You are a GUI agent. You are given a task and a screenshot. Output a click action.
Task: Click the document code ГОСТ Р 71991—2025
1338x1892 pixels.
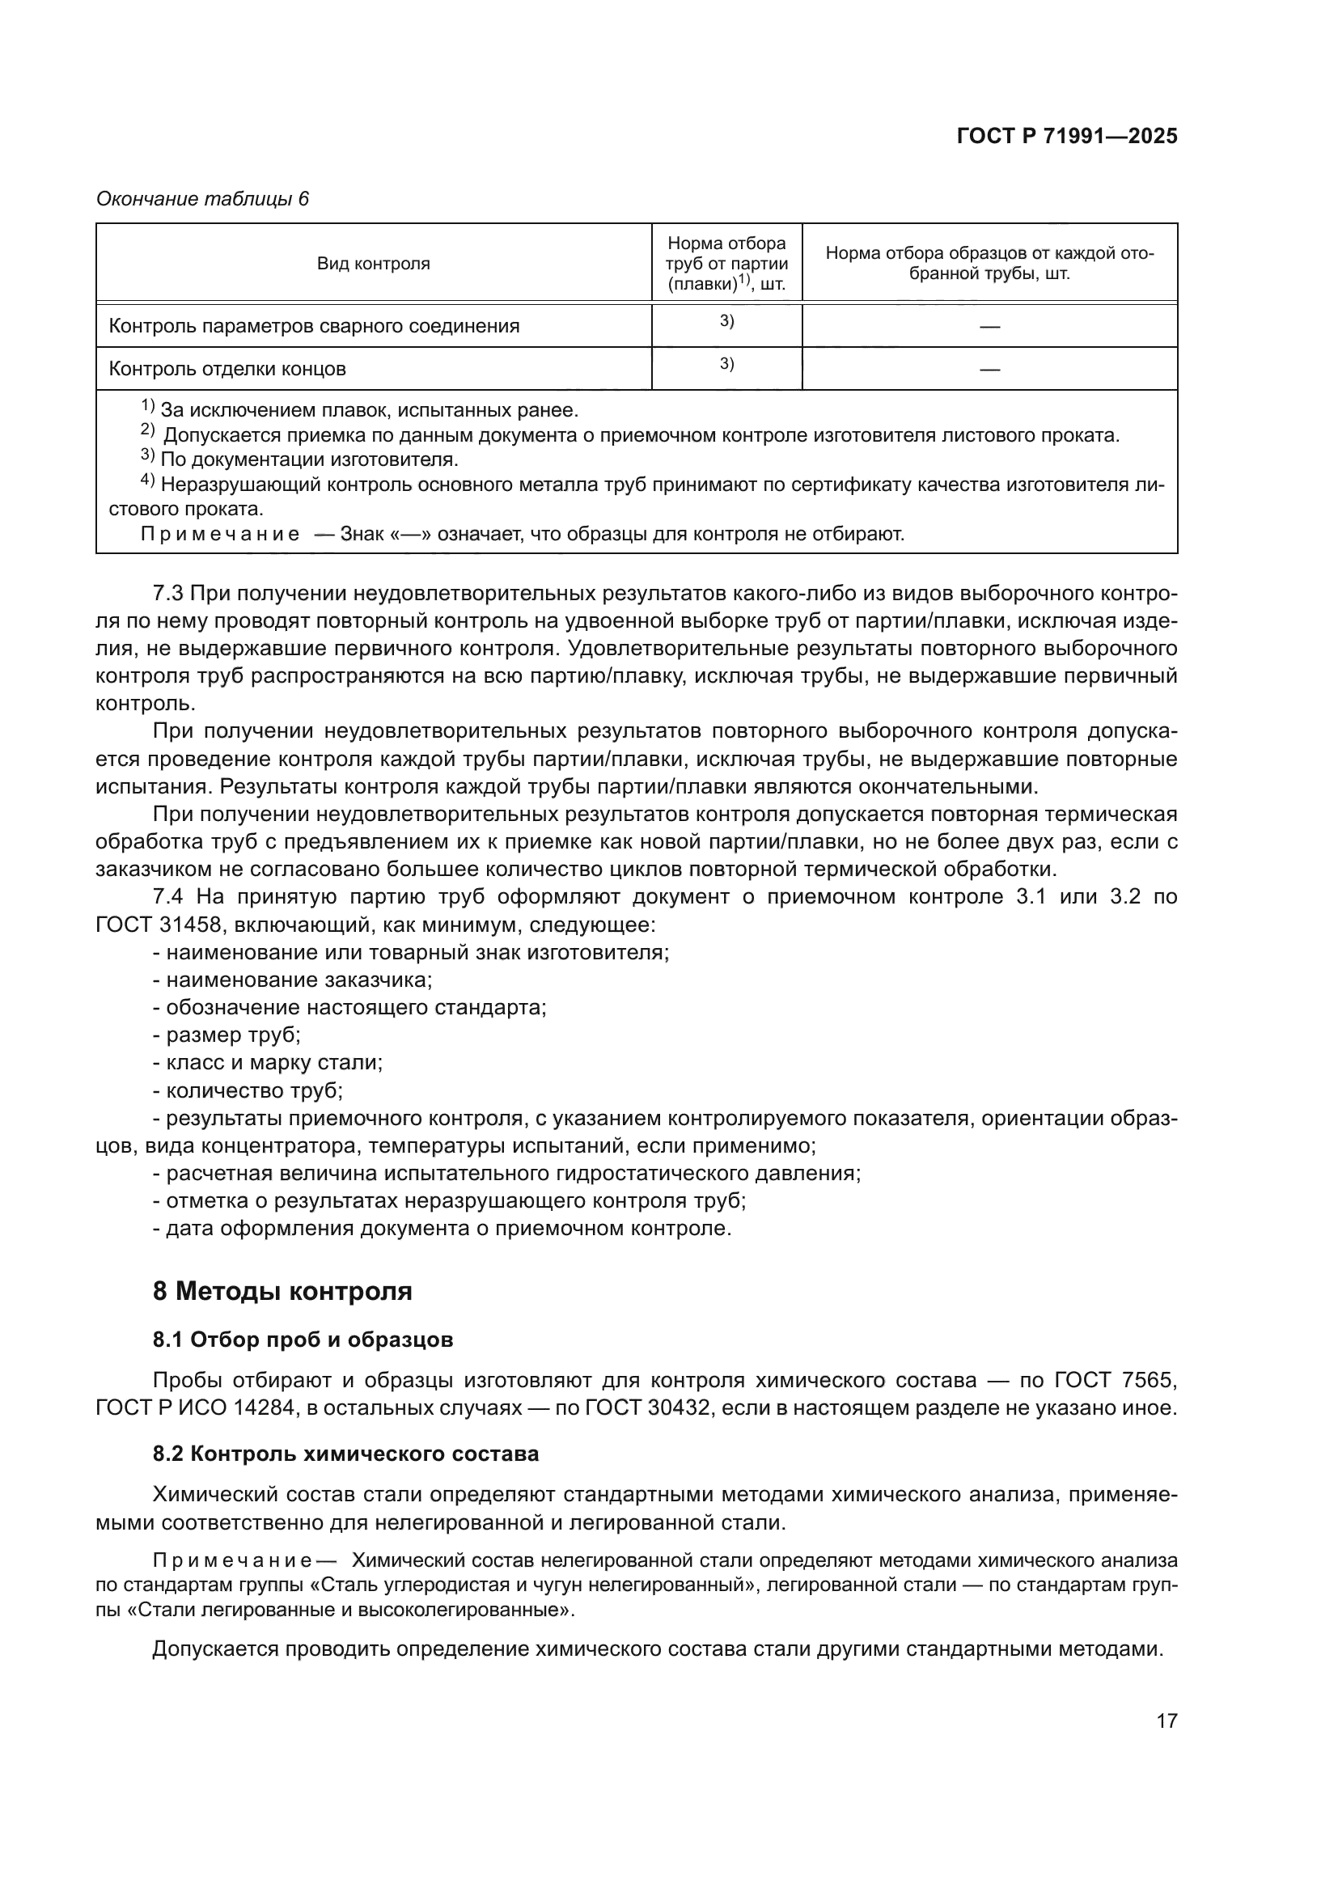1067,136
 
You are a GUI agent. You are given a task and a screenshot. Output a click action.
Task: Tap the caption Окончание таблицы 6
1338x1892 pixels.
203,199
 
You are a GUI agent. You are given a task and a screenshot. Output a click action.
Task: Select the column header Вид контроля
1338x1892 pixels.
373,264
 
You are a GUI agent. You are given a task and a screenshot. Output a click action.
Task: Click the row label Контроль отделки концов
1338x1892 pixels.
227,368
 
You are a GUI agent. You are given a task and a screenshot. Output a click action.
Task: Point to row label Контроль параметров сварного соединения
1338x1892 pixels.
314,325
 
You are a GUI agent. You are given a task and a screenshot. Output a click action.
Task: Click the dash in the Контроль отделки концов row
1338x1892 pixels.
989,369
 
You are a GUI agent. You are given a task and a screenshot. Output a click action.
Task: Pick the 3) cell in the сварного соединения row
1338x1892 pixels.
726,321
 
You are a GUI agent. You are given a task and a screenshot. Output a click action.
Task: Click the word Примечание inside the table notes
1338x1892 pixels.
220,534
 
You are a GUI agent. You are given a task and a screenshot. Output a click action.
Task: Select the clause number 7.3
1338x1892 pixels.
171,592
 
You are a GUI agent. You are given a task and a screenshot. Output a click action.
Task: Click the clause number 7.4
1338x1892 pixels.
171,896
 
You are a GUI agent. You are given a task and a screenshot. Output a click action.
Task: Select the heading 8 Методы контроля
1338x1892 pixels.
282,1290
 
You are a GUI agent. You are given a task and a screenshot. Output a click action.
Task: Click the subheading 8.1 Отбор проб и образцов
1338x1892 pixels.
303,1340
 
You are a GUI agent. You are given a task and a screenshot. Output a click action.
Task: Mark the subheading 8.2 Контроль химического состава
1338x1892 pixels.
345,1454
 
